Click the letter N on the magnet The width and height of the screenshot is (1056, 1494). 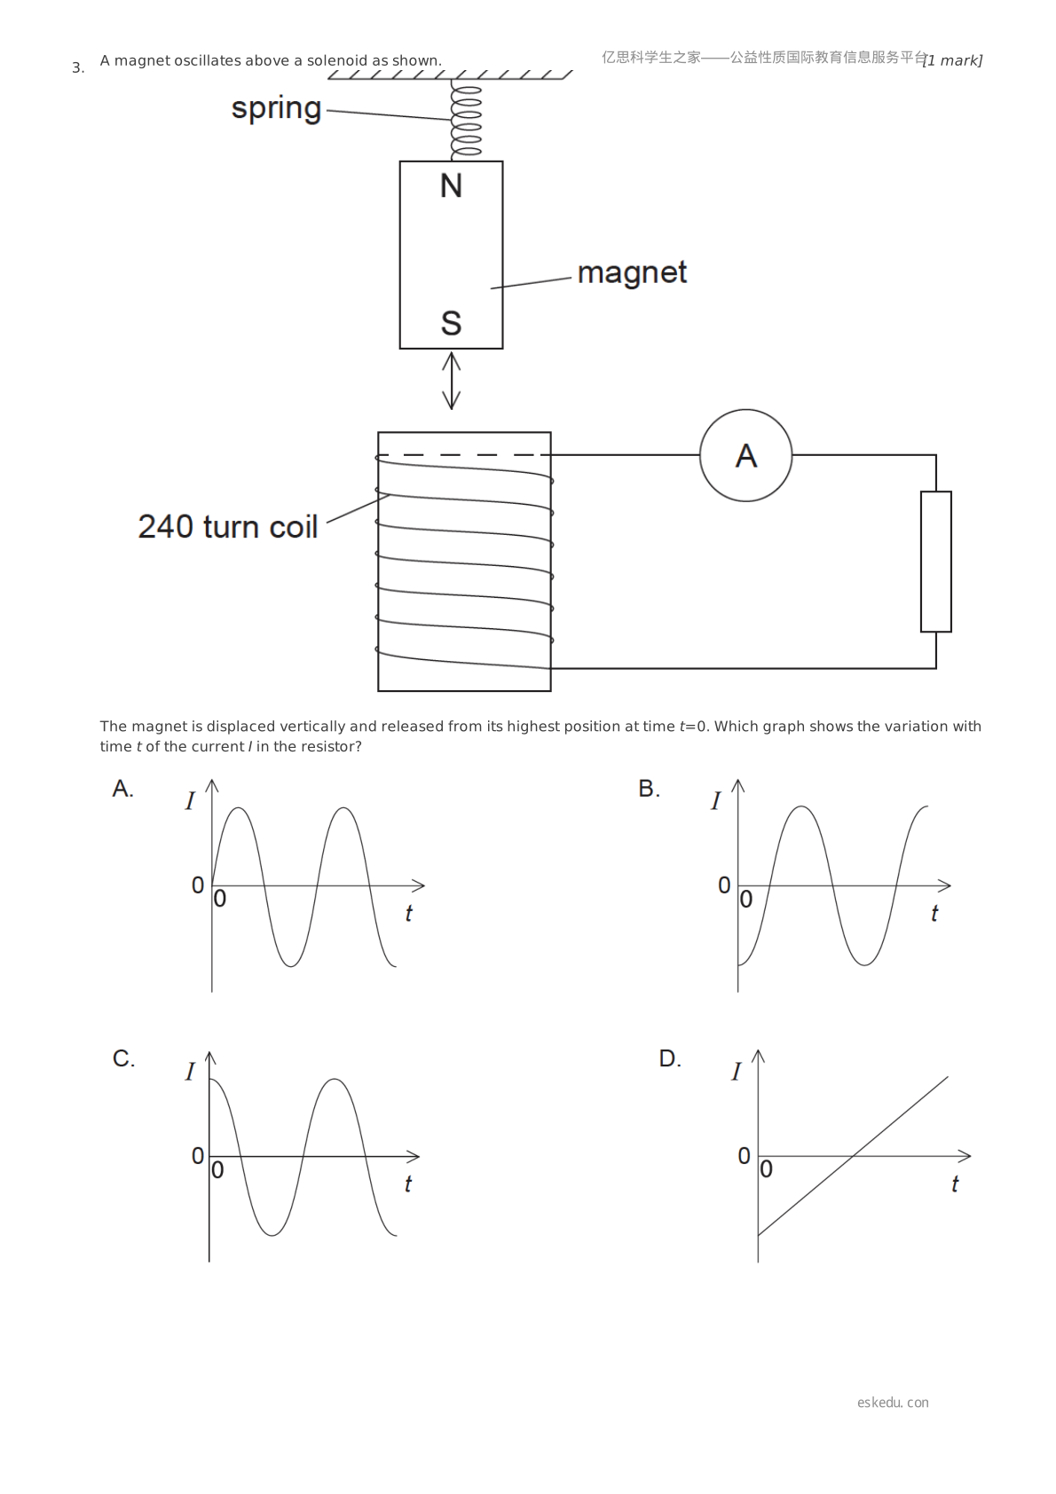point(451,186)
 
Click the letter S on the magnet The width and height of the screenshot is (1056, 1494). point(451,324)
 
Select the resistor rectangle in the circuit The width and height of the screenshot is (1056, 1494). point(935,562)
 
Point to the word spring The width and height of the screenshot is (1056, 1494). point(276,109)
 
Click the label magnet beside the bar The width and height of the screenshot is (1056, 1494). point(632,273)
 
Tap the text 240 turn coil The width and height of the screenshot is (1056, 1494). point(227,527)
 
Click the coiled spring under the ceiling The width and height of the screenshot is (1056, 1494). point(465,120)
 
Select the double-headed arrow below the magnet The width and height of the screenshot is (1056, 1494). point(451,381)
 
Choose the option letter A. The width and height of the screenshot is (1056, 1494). point(122,789)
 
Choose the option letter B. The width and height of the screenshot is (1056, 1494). point(649,789)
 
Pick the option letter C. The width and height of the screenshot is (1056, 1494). point(123,1058)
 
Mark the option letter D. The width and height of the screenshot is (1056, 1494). point(670,1058)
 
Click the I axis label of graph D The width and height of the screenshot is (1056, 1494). point(736,1072)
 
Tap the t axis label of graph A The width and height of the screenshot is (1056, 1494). point(408,913)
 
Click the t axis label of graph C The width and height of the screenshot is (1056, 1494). point(407,1183)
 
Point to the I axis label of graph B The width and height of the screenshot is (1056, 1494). point(716,800)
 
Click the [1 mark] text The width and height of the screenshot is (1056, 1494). point(952,60)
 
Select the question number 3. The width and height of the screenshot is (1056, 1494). point(78,68)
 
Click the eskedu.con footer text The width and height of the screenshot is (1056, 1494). point(893,1402)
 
